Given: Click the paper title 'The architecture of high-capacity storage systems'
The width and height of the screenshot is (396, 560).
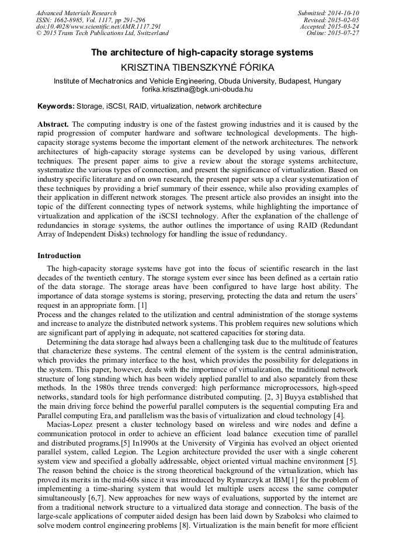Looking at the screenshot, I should (x=202, y=53).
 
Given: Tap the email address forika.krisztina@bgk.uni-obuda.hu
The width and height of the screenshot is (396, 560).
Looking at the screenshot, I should (x=197, y=90).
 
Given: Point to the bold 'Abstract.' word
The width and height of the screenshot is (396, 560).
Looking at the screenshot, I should (x=53, y=124).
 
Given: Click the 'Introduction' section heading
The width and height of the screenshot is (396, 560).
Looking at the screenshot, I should (x=59, y=255).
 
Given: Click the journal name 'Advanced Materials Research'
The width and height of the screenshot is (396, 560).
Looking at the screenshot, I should (x=76, y=13).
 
